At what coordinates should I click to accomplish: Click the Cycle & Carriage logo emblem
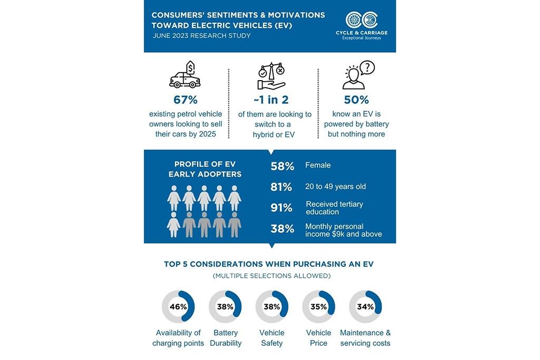pyautogui.click(x=362, y=21)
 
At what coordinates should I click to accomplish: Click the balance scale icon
pyautogui.click(x=272, y=76)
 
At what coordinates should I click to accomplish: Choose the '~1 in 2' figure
pyautogui.click(x=272, y=100)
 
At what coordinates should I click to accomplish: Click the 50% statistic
pyautogui.click(x=356, y=100)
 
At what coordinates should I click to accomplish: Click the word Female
pyautogui.click(x=318, y=166)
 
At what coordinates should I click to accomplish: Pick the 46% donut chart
pyautogui.click(x=178, y=307)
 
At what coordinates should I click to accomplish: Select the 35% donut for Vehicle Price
pyautogui.click(x=319, y=307)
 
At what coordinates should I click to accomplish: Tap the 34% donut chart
pyautogui.click(x=365, y=307)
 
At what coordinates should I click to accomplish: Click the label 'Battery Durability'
pyautogui.click(x=225, y=338)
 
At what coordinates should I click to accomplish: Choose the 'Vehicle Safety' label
pyautogui.click(x=272, y=338)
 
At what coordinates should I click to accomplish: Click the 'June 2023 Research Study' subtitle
pyautogui.click(x=201, y=36)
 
